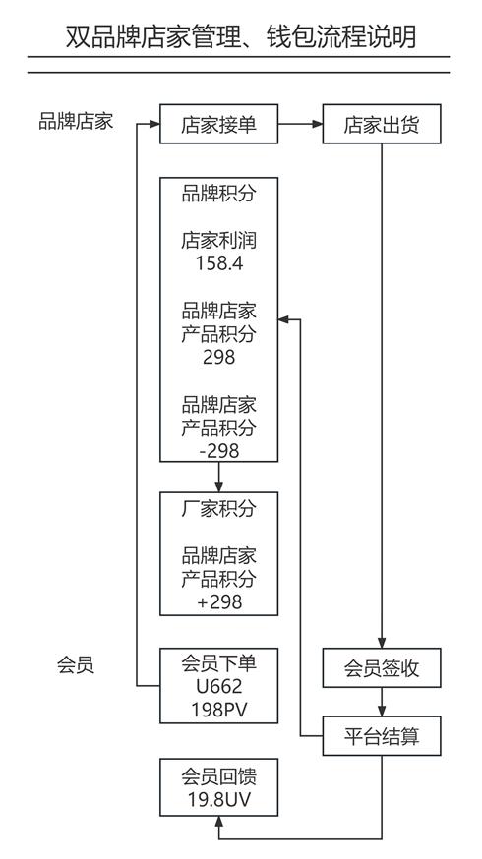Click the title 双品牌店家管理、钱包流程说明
(x=241, y=36)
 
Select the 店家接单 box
(x=218, y=124)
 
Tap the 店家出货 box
(x=382, y=124)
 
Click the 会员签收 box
(x=382, y=667)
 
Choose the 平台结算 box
(x=382, y=736)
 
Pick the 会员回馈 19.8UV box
(x=218, y=787)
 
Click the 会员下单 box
(x=218, y=686)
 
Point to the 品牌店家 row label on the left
(x=76, y=121)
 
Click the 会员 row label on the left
(x=76, y=665)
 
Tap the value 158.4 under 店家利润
(x=219, y=263)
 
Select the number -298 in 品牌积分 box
(x=218, y=451)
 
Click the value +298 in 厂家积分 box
(x=219, y=602)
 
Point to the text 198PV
(x=219, y=710)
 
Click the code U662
(x=218, y=686)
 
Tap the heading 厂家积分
(x=218, y=509)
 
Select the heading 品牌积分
(x=218, y=194)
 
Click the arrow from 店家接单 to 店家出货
(x=300, y=124)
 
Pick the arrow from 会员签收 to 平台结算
(x=382, y=702)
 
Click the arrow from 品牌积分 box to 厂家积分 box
(x=218, y=477)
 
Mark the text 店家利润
(x=218, y=241)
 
